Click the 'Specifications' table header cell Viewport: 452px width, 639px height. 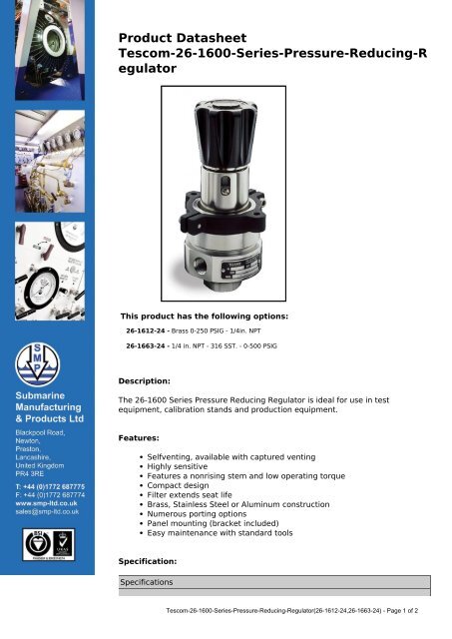tap(147, 580)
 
